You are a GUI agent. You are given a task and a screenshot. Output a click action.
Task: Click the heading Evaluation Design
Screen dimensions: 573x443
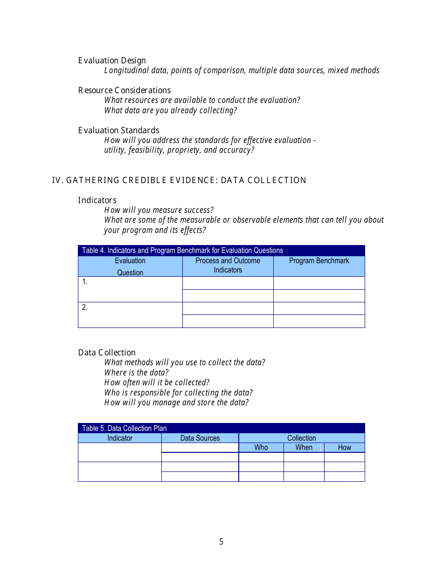112,61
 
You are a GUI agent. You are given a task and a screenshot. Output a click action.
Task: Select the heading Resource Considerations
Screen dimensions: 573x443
125,90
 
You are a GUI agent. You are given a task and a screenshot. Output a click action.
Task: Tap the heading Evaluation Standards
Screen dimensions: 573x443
118,130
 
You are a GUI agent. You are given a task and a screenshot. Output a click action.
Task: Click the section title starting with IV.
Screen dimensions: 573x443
179,180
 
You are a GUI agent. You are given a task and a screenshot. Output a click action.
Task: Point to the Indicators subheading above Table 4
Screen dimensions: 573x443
97,200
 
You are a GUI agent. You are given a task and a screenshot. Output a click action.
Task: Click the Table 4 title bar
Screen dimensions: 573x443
182,251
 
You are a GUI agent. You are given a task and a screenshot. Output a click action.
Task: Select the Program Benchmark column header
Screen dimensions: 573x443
319,261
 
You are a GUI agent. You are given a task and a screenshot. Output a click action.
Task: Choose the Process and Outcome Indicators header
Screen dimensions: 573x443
228,266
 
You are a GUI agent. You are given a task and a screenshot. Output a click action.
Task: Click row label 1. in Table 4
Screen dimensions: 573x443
85,282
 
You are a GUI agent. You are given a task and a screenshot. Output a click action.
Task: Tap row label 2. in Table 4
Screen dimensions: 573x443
85,307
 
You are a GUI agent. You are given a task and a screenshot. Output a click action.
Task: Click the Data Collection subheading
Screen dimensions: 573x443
107,353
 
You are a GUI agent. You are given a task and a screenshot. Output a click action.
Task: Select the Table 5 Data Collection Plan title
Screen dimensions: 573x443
124,428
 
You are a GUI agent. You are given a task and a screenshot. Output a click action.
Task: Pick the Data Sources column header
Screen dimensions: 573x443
200,438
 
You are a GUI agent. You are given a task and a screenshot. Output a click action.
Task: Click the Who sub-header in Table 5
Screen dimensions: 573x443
261,448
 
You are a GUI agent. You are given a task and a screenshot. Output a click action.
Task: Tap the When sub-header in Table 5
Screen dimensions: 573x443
304,448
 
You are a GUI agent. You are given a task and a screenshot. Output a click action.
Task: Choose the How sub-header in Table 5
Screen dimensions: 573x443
344,448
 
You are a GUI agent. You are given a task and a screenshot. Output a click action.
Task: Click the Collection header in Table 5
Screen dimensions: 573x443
301,438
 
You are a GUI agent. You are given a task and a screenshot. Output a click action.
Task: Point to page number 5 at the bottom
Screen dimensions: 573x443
221,542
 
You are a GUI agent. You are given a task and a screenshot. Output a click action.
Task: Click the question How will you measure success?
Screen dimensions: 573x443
159,210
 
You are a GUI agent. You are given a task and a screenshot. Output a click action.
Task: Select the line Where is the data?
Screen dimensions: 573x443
136,373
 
